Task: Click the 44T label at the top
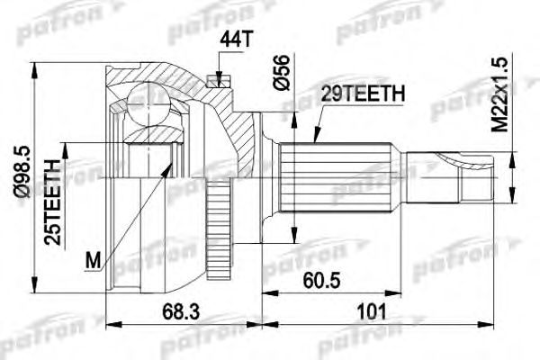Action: [231, 40]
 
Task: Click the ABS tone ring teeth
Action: [216, 206]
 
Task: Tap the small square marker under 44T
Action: [216, 79]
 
